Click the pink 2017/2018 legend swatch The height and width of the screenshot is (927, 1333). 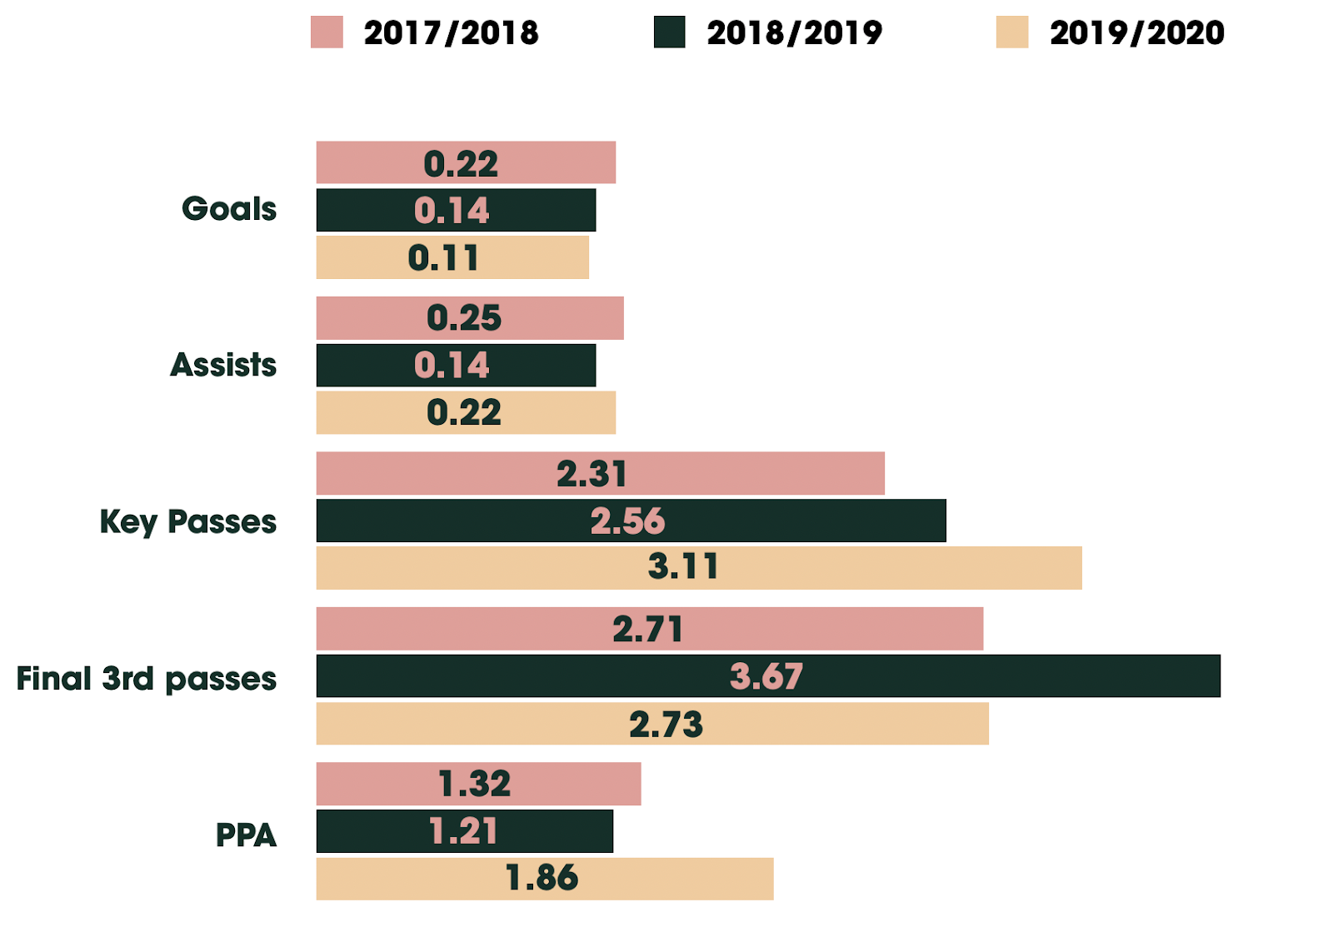point(327,32)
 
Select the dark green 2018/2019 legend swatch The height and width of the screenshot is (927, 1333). point(669,32)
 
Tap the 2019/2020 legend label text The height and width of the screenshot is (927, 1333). point(1136,33)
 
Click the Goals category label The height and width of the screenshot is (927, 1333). point(229,209)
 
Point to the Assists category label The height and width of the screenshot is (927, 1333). point(223,365)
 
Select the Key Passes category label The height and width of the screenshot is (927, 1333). point(188,521)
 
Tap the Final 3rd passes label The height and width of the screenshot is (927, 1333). point(147,678)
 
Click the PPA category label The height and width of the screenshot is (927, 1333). point(246,835)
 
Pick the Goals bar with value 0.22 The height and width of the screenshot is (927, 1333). point(466,162)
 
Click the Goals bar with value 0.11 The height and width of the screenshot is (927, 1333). point(452,257)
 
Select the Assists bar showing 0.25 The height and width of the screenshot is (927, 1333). point(470,318)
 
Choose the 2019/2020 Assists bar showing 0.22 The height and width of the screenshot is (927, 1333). point(466,412)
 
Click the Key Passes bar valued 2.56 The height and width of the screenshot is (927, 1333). point(631,521)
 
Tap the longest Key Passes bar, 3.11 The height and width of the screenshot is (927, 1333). point(699,568)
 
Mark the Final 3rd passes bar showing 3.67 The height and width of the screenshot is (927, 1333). point(768,675)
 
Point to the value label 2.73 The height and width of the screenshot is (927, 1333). point(666,724)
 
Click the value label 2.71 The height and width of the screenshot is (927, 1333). point(647,629)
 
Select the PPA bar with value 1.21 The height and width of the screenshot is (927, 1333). point(464,831)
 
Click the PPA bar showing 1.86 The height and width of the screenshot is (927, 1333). point(545,879)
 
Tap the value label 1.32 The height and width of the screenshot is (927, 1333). point(474,784)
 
